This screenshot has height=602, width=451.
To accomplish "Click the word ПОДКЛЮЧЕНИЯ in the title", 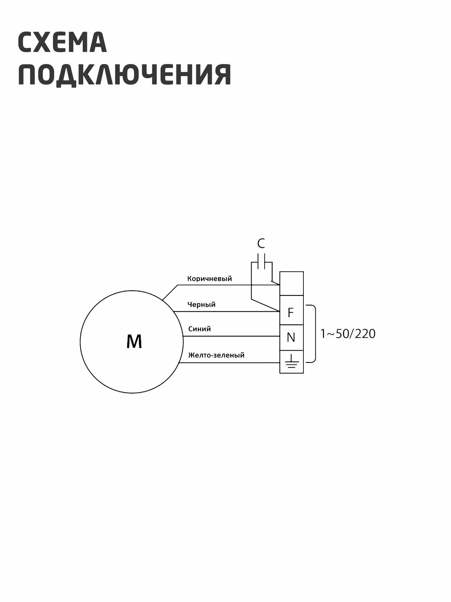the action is [124, 74].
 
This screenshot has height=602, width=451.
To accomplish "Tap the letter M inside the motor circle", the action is [134, 342].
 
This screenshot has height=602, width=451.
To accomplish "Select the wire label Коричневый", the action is [210, 278].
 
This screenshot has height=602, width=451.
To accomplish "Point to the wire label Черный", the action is [201, 304].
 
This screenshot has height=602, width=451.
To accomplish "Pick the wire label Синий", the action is [199, 329].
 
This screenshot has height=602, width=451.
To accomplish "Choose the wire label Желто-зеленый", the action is [216, 355].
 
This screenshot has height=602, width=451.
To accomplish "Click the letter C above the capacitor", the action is [261, 244].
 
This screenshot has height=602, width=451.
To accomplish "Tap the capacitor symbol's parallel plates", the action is [262, 261].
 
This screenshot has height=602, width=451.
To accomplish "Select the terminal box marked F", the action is [291, 312].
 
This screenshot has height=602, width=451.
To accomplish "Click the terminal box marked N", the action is [291, 337].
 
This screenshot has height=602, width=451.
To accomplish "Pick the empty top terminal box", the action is [291, 283].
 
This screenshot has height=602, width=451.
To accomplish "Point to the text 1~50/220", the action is [348, 334].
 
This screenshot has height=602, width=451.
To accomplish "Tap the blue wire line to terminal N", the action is [232, 336].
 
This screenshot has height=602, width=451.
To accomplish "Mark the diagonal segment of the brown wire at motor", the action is [170, 292].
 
